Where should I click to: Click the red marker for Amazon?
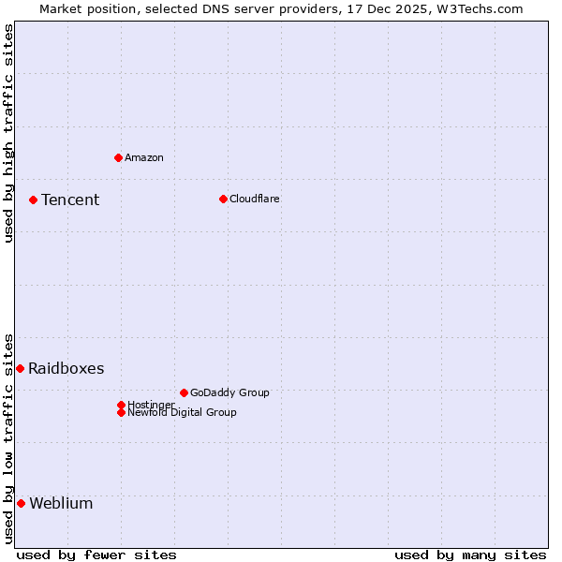tap(118, 157)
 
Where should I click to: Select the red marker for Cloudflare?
tap(223, 199)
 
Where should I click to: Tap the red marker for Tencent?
tap(33, 200)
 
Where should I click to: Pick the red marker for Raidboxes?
tap(20, 368)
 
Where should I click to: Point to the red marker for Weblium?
tap(21, 503)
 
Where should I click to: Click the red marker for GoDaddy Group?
tap(184, 392)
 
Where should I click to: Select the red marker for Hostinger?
tap(121, 405)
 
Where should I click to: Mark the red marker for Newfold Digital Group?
tap(121, 412)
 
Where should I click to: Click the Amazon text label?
tap(144, 157)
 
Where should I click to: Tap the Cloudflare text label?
tap(255, 199)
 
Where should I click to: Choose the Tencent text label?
tap(70, 200)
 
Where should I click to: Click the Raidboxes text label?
tap(67, 368)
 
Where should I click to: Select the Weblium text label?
tap(61, 503)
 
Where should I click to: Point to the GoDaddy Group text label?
tap(229, 392)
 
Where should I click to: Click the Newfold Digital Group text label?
tap(183, 412)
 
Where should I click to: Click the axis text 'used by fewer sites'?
tap(96, 555)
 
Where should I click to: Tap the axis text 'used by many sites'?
tap(470, 555)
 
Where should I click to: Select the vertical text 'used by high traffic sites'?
tap(8, 133)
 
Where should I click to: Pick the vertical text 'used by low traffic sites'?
tap(8, 437)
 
